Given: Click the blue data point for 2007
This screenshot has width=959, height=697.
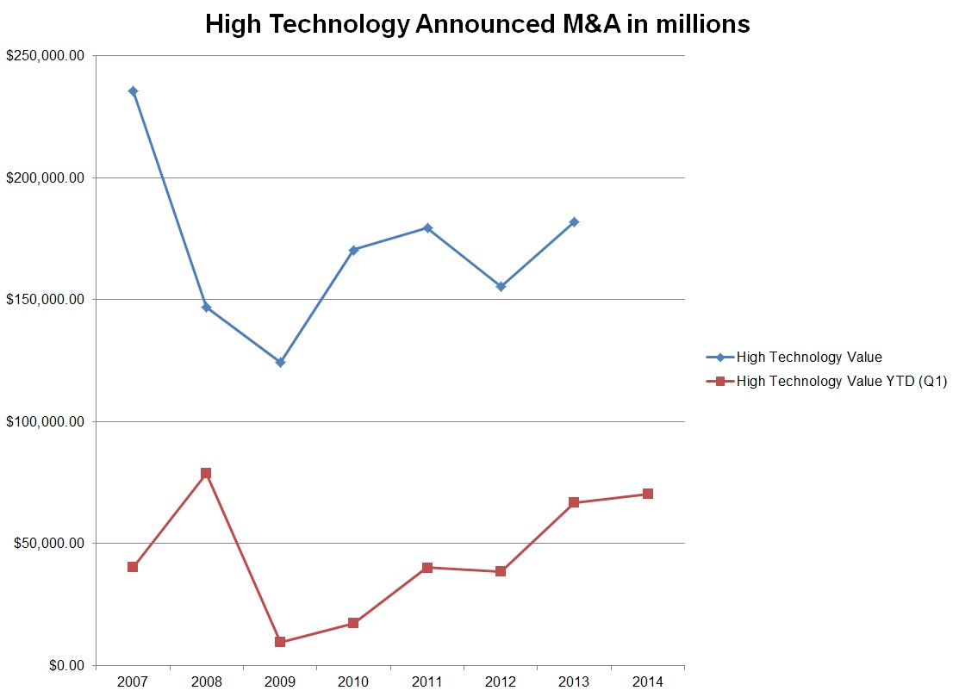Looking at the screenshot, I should pyautogui.click(x=134, y=91).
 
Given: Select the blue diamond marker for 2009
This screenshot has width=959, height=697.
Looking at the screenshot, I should pyautogui.click(x=280, y=362).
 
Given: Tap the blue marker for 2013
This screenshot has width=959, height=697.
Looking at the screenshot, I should pyautogui.click(x=574, y=222).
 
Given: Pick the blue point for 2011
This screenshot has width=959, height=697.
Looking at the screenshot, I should pyautogui.click(x=427, y=227).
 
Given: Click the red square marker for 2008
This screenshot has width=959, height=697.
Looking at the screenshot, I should pyautogui.click(x=206, y=473).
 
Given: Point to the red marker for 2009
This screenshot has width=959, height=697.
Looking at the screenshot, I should pyautogui.click(x=280, y=642).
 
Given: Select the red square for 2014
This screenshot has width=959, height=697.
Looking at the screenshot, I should pyautogui.click(x=647, y=494).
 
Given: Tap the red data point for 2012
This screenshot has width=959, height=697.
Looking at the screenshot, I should pyautogui.click(x=501, y=571).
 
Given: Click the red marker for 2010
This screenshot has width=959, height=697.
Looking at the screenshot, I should pyautogui.click(x=353, y=623).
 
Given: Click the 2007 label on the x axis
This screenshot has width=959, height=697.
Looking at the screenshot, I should pyautogui.click(x=134, y=682).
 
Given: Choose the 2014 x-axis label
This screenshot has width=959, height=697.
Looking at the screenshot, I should pyautogui.click(x=647, y=682).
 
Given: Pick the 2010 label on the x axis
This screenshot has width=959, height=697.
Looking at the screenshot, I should pyautogui.click(x=353, y=682).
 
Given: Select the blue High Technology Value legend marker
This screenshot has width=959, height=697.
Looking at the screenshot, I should pyautogui.click(x=719, y=358).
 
